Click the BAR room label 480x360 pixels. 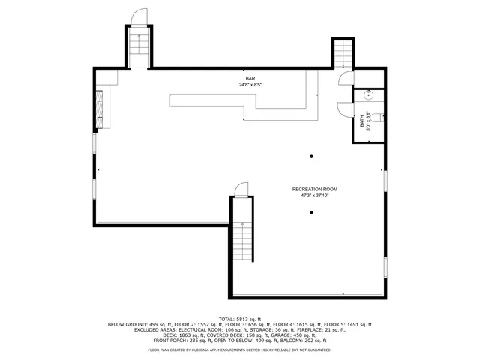click(249, 79)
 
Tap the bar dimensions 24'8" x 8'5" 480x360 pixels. click(249, 85)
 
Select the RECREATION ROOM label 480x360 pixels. click(315, 189)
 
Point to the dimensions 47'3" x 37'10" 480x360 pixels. click(315, 195)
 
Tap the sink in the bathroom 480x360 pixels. click(368, 96)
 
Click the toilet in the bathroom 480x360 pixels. click(381, 117)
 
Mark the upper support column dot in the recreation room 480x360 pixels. click(312, 157)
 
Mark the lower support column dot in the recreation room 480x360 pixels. click(312, 212)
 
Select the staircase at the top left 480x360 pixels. click(138, 49)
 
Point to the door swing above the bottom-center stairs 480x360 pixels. click(241, 190)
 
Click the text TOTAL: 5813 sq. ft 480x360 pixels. click(240, 318)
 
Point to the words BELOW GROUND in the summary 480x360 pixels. click(125, 324)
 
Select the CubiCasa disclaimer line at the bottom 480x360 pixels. click(240, 350)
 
